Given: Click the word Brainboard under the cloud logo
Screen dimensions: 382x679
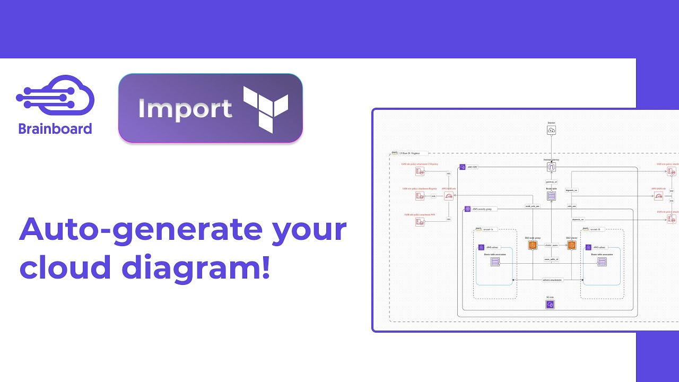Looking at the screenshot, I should pos(55,129).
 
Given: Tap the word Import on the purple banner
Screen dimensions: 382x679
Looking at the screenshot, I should pos(185,109).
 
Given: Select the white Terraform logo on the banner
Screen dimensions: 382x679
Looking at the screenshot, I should pos(265,108).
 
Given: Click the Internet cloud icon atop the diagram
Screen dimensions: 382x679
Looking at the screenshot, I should pos(551,130).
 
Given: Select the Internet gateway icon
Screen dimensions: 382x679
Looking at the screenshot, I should pos(551,167).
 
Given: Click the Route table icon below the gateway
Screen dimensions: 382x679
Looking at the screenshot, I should pos(551,196).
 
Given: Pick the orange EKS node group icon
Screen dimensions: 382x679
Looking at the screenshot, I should pos(532,245).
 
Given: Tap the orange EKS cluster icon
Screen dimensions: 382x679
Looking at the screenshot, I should pos(571,245).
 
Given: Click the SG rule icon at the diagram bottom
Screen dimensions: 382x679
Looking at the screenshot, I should pos(550,305).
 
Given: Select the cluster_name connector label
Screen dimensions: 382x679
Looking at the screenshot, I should pos(551,246).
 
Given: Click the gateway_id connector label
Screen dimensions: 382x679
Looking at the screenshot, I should pos(551,182).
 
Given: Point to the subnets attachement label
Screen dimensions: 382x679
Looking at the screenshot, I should pos(552,280).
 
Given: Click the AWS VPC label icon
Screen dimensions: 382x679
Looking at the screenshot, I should pos(463,167).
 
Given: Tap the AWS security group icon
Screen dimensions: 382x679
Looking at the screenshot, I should pos(467,209).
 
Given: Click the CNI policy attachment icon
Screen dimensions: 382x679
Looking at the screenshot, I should pos(420,171).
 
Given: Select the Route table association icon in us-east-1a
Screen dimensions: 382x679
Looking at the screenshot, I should pos(495,262).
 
